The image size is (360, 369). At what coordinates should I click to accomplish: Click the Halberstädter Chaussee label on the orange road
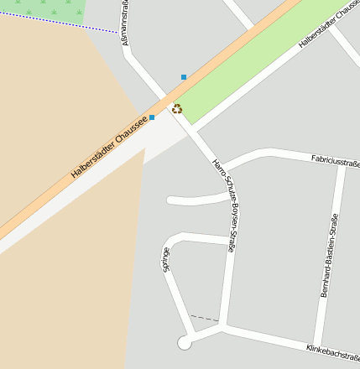109,146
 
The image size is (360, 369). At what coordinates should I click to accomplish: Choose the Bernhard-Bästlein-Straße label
329,256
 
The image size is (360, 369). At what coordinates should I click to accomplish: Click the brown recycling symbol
177,108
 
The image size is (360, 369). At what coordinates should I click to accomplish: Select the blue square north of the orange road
184,77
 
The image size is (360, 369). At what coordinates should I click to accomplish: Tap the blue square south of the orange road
152,117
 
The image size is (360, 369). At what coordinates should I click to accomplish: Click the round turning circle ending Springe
185,342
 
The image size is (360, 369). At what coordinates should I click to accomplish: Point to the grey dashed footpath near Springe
203,318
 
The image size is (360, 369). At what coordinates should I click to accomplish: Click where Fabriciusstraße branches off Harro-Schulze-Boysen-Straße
220,169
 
